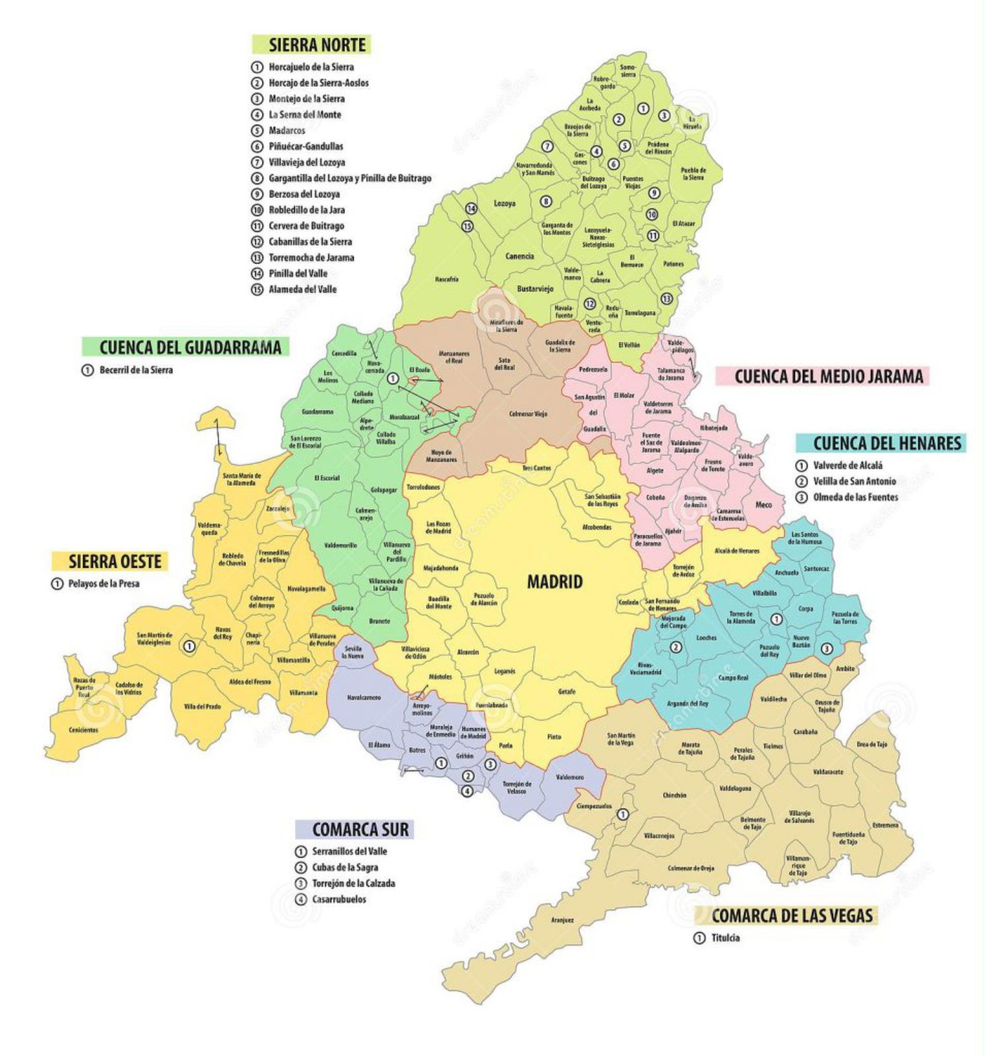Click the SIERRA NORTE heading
click(x=317, y=45)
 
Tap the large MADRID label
click(x=554, y=582)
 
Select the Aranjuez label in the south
click(x=562, y=920)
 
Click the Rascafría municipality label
click(x=446, y=280)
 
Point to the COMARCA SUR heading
click(x=360, y=829)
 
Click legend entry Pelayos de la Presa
click(x=103, y=583)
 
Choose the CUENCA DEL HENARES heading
click(x=886, y=443)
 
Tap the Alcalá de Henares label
click(x=737, y=550)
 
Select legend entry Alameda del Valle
click(x=302, y=289)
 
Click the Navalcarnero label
click(x=364, y=698)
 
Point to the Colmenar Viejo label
click(x=528, y=414)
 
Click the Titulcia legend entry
click(x=725, y=938)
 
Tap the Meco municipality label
click(x=763, y=504)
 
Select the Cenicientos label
click(x=83, y=730)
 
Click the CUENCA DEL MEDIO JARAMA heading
click(x=829, y=377)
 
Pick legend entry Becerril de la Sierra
click(x=135, y=370)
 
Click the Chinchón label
click(x=674, y=795)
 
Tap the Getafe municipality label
click(x=566, y=691)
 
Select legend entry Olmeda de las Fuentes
click(x=855, y=497)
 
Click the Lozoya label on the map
click(x=504, y=203)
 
